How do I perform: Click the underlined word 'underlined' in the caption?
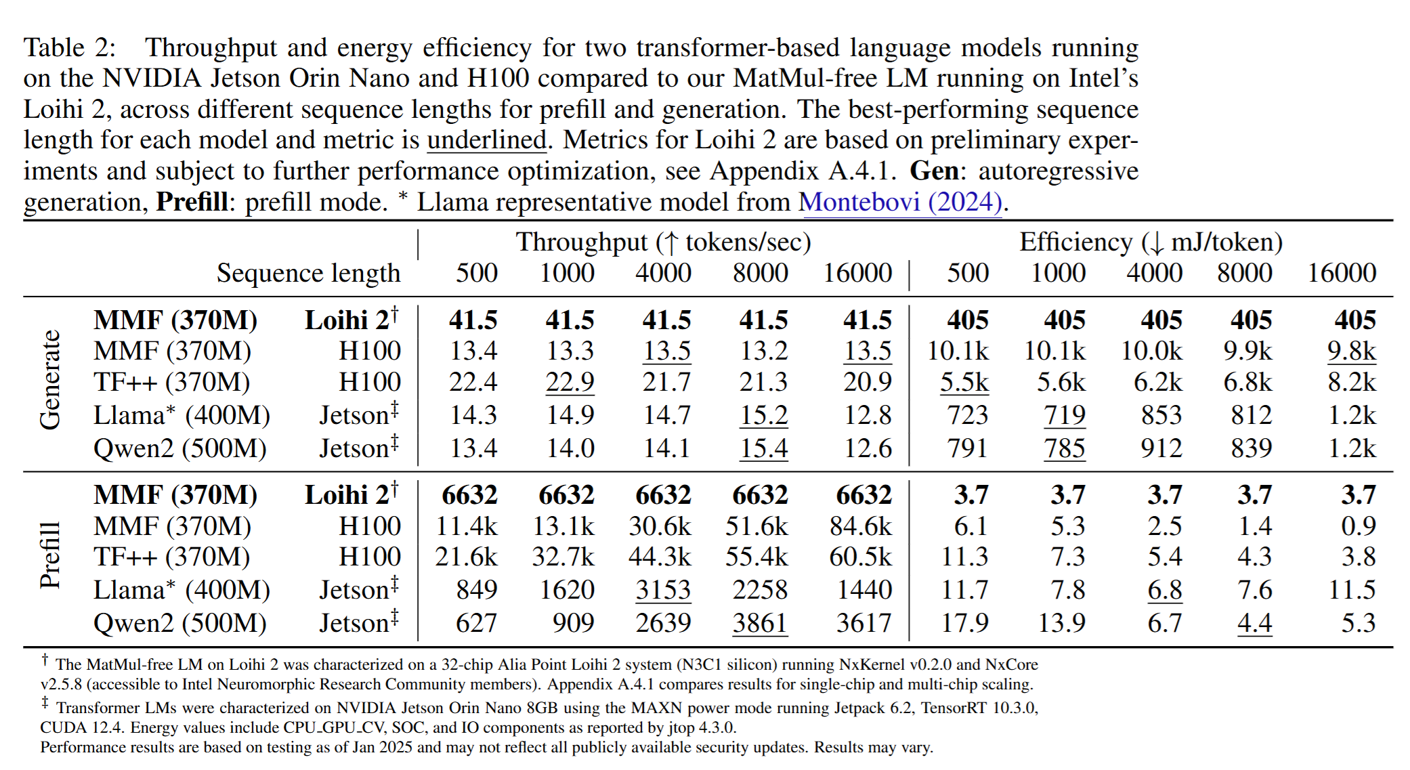click(x=486, y=140)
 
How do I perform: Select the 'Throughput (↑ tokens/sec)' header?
click(x=663, y=242)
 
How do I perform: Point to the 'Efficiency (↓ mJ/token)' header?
click(x=1151, y=242)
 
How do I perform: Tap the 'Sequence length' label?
click(x=308, y=273)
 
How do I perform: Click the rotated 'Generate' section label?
click(x=50, y=380)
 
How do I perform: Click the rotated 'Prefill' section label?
click(x=50, y=555)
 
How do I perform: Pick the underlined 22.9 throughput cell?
click(x=570, y=382)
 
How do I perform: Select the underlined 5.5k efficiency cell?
click(x=964, y=382)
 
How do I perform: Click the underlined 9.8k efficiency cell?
click(x=1351, y=351)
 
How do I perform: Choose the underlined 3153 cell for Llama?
click(x=663, y=590)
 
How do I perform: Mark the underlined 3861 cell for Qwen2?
click(x=760, y=623)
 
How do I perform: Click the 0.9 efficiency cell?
click(x=1358, y=526)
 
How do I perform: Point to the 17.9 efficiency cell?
click(x=964, y=623)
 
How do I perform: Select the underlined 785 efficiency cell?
click(x=1064, y=448)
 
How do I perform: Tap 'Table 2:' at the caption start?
click(x=70, y=48)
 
